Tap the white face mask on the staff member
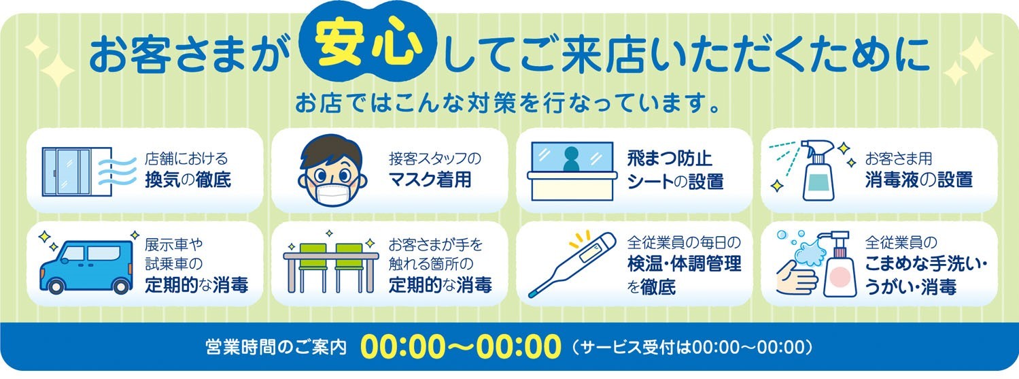pyautogui.click(x=332, y=193)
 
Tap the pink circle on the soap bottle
pyautogui.click(x=840, y=276)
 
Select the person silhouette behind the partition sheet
pyautogui.click(x=571, y=159)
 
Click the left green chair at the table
pyautogui.click(x=313, y=267)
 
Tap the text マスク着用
pyautogui.click(x=430, y=180)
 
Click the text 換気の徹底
pyautogui.click(x=188, y=180)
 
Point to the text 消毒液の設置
pyautogui.click(x=918, y=180)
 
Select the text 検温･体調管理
pyautogui.click(x=684, y=265)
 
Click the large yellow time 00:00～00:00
pyautogui.click(x=460, y=347)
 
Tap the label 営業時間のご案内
pyautogui.click(x=276, y=347)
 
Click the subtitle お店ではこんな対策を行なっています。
pyautogui.click(x=508, y=103)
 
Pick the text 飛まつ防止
pyautogui.click(x=670, y=159)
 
